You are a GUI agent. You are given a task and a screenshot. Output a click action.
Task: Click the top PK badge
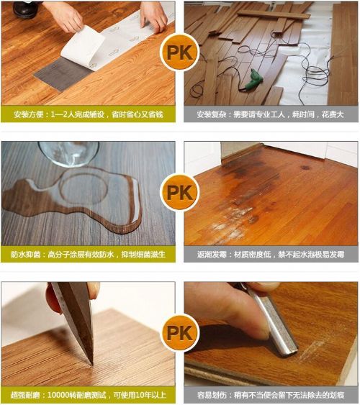click(180, 53)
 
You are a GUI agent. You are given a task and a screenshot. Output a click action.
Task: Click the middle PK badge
click(180, 192)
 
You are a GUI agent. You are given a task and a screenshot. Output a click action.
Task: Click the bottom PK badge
click(180, 333)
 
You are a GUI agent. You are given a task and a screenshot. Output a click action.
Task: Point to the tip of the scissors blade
click(91, 365)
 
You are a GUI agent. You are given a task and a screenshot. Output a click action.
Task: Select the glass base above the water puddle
click(68, 154)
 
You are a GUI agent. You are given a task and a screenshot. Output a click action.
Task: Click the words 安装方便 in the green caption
click(29, 114)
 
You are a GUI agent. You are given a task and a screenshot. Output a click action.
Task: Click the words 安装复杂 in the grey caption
click(212, 114)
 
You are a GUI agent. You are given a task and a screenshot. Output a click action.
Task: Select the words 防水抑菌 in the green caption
click(26, 255)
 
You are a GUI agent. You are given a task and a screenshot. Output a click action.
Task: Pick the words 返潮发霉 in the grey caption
click(212, 255)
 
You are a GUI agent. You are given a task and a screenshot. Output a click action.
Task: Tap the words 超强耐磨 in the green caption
click(25, 395)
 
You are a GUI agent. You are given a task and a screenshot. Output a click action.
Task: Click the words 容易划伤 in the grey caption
click(212, 395)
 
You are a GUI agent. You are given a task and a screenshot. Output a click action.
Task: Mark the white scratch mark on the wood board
click(310, 351)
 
